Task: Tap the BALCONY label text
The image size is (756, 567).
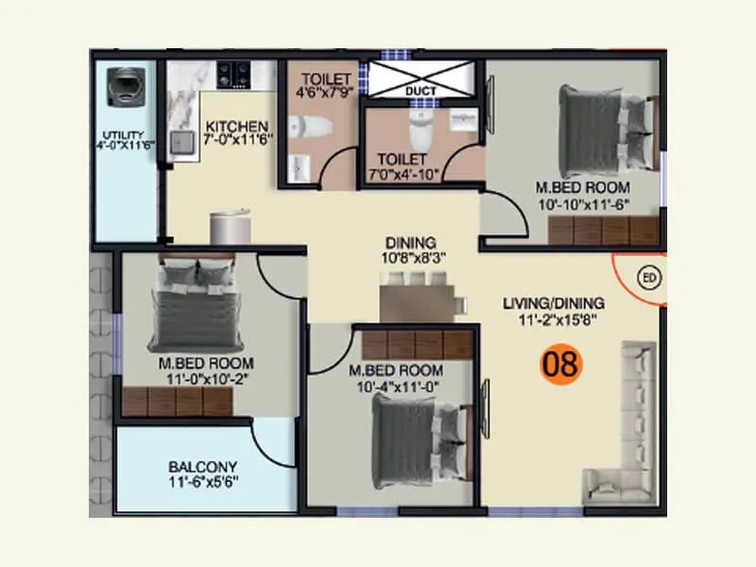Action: pos(202,467)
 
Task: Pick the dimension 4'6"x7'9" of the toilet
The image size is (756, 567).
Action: pos(325,93)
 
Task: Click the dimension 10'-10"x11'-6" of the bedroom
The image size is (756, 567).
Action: pos(582,203)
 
